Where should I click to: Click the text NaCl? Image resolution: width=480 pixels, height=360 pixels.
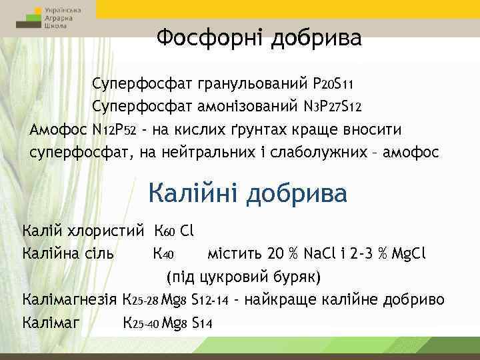[x=321, y=254]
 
